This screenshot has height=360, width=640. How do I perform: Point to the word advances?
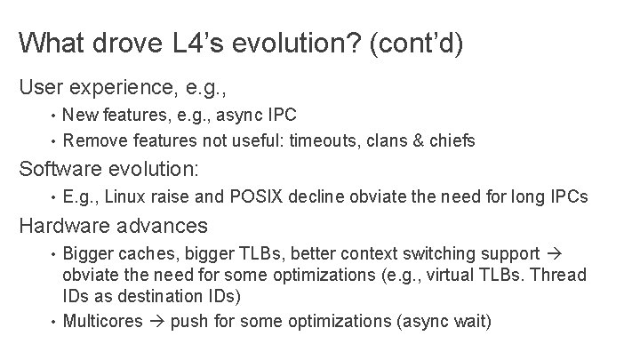165,225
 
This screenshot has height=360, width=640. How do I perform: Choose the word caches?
142,254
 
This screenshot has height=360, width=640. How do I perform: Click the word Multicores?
103,320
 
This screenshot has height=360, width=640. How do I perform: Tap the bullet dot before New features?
54,116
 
